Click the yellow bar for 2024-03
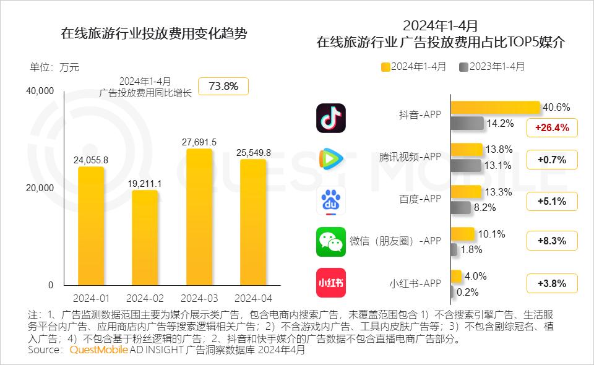click(x=199, y=217)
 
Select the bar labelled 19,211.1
click(x=144, y=238)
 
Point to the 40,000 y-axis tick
click(x=40, y=91)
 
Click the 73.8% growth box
click(x=223, y=86)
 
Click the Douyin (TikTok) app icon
click(x=331, y=118)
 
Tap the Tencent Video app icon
click(x=331, y=159)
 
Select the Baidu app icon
click(x=331, y=200)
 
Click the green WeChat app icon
click(x=331, y=241)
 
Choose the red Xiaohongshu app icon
click(x=331, y=283)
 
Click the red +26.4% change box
click(x=551, y=128)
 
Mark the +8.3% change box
click(x=551, y=241)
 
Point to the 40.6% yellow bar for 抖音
click(x=495, y=108)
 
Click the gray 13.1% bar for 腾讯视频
click(x=465, y=165)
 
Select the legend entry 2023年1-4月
click(x=492, y=66)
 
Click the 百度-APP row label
click(x=420, y=199)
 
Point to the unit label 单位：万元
click(x=54, y=67)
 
